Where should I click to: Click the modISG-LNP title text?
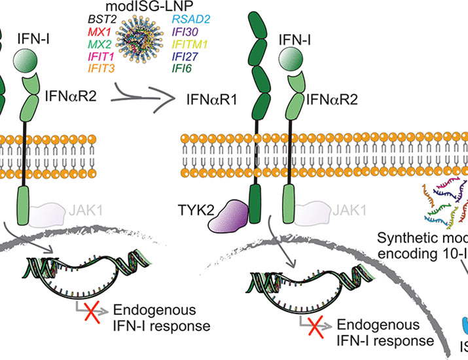click(153, 7)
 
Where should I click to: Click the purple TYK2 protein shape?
click(229, 217)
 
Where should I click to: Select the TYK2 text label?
click(196, 210)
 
